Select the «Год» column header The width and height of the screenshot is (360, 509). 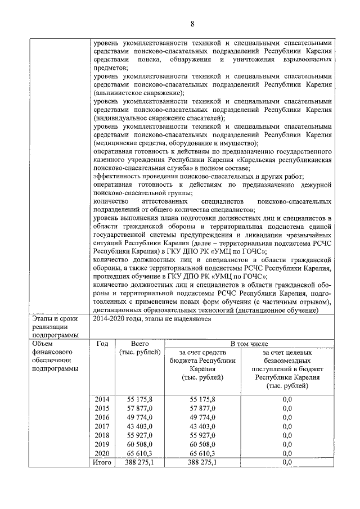pos(102,344)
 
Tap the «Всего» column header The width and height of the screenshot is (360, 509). pos(139,344)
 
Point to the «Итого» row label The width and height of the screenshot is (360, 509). pos(102,462)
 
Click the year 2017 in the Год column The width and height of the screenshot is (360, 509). pos(102,426)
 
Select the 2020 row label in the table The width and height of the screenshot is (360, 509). pos(102,453)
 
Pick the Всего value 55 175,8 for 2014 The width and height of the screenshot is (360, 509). pos(139,399)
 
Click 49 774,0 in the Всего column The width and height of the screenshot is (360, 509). pos(139,417)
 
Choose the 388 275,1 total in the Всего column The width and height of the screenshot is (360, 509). pos(139,462)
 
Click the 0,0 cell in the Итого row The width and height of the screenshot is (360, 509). pos(287,462)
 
